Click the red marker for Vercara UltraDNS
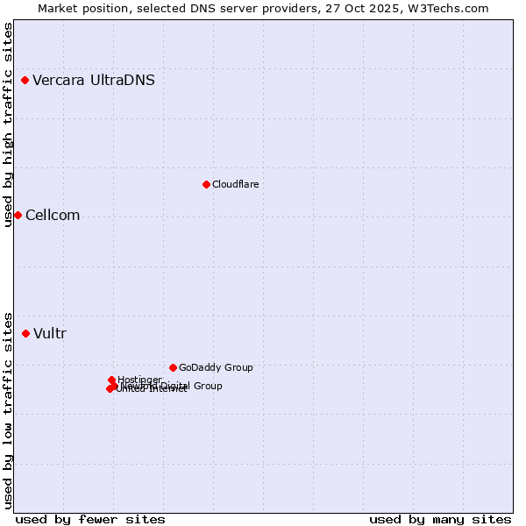[25, 81]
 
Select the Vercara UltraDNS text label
[94, 81]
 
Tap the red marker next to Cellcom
[18, 216]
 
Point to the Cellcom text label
[53, 216]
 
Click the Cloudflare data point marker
[206, 184]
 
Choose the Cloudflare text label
[235, 184]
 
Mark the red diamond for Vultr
[25, 333]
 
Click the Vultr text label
[50, 333]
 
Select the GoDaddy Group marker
[173, 367]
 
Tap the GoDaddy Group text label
[216, 367]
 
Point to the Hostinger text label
[139, 380]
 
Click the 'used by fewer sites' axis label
[90, 519]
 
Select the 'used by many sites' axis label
[440, 519]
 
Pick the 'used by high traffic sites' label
[8, 124]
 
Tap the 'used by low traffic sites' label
[8, 409]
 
